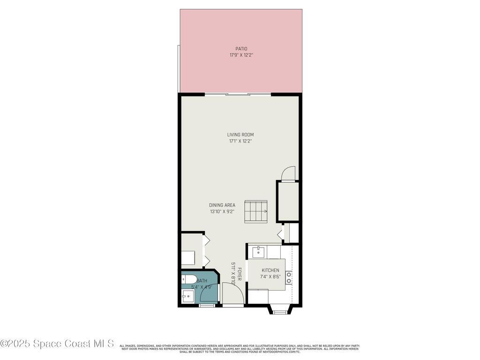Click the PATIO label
(241, 49)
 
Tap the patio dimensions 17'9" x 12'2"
(241, 55)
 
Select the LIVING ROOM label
(240, 135)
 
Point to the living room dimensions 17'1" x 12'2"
(240, 141)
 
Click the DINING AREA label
(222, 205)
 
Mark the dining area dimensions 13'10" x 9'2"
(222, 211)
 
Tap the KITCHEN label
(270, 270)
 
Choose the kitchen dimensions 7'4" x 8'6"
(270, 277)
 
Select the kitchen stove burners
(289, 278)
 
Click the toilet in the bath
(189, 280)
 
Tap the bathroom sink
(187, 296)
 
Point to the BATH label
(202, 281)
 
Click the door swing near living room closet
(289, 173)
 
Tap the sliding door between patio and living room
(238, 95)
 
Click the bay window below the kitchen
(280, 309)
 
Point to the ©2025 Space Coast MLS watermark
(57, 344)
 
